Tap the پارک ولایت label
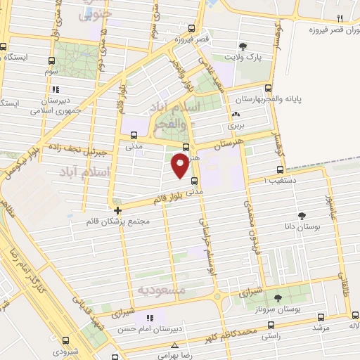[x=243, y=55]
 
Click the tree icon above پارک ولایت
[x=243, y=44]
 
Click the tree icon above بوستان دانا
[x=302, y=216]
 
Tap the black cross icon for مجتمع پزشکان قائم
[x=117, y=210]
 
